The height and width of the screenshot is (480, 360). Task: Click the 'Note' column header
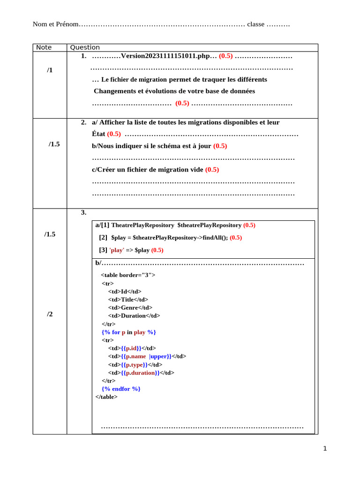coord(44,47)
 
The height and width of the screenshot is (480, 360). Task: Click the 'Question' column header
coord(85,47)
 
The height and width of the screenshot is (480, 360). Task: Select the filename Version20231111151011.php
coord(165,56)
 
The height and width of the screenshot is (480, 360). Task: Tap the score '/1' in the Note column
coord(50,70)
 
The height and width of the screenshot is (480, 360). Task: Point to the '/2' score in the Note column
coord(50,314)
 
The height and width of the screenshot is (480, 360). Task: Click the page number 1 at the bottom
coord(325,449)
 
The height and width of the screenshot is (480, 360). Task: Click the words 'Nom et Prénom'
coord(55,24)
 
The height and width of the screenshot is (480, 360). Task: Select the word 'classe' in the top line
coord(255,24)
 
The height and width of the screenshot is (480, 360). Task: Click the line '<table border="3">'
coord(128,275)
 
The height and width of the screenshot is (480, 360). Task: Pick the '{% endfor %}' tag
coord(121,389)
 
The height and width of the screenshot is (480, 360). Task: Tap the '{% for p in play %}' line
coord(129,332)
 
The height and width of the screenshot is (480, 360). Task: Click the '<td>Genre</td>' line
coord(130,307)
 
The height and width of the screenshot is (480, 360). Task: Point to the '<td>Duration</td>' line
coord(134,315)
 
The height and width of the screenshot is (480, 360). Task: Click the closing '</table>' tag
coord(106,397)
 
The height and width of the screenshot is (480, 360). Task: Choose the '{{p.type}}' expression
coord(135,364)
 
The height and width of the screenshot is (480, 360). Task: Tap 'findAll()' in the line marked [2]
coord(215,238)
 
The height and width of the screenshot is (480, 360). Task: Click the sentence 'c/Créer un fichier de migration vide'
coord(148,170)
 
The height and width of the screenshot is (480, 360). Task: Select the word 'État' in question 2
coord(98,134)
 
